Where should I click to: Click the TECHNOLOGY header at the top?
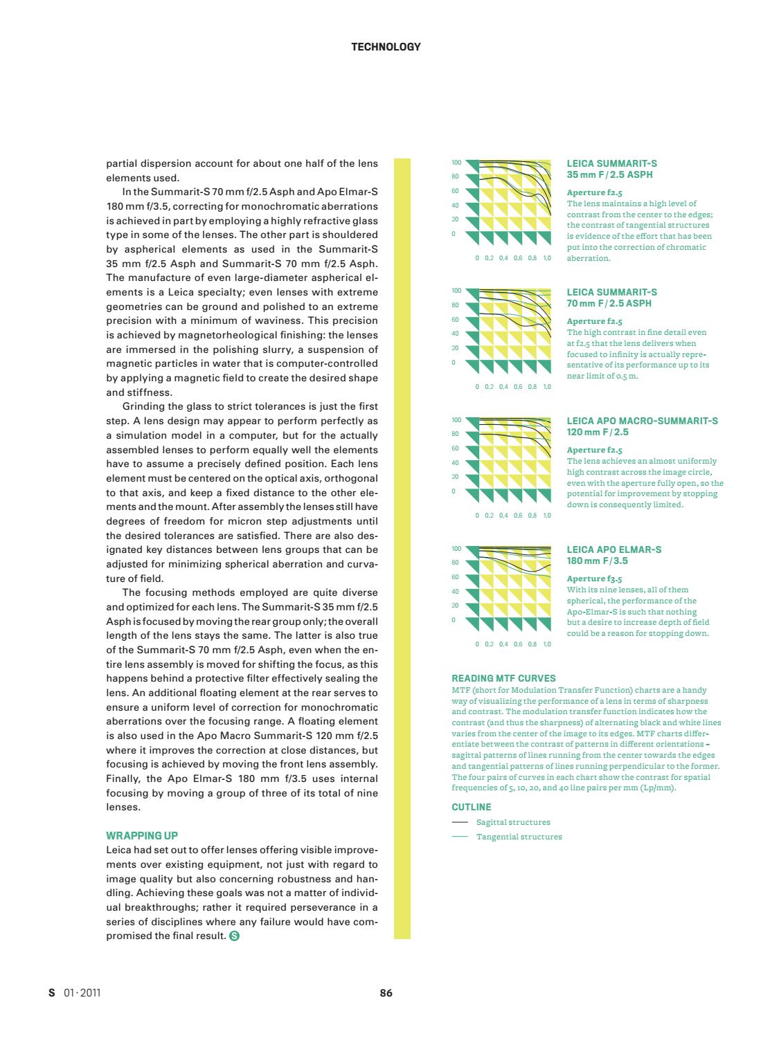pos(386,47)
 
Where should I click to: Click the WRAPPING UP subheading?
pos(142,835)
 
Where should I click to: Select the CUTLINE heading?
pos(472,807)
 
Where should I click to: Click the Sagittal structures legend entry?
pos(513,822)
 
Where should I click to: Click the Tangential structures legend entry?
pos(519,837)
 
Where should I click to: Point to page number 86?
pos(386,992)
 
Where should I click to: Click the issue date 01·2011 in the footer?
pos(82,992)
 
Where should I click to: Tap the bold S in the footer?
pos(51,992)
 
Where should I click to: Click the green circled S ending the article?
pos(234,936)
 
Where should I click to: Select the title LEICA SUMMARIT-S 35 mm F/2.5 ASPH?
pos(611,169)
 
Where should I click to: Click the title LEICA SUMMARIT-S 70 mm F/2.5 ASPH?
pos(611,298)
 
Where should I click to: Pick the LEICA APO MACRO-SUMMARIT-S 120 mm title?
pos(642,426)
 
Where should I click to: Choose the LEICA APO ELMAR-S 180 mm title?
pos(614,555)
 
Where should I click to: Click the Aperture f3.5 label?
pos(594,579)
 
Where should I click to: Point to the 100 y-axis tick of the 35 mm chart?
pos(456,163)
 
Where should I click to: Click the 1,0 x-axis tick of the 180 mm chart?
pos(547,644)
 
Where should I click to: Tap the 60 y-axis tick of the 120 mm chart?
pos(456,448)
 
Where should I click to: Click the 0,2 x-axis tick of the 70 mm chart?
pos(490,387)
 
